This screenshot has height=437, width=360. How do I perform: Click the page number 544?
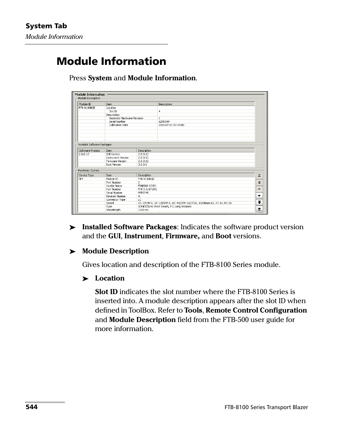(31, 407)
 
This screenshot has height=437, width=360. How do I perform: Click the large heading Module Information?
(111, 61)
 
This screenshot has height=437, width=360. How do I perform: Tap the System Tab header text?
(46, 26)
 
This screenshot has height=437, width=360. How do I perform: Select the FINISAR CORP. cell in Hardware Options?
(147, 186)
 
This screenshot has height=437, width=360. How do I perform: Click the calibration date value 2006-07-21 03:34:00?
(171, 125)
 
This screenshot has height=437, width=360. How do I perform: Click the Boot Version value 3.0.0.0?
(142, 164)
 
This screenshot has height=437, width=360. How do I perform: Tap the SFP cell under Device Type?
(81, 179)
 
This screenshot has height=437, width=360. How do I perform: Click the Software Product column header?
(89, 150)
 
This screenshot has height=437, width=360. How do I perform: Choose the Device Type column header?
(86, 175)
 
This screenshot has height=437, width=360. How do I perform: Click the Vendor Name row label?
(114, 186)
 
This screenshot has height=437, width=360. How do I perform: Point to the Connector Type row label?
(115, 199)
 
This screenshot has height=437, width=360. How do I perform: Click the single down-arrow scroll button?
(259, 196)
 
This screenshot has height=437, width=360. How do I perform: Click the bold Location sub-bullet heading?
(109, 278)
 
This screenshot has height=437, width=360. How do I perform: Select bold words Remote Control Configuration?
(256, 310)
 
